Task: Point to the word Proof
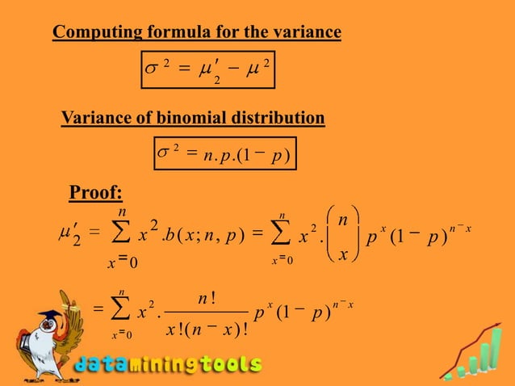(96, 192)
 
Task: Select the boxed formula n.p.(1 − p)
(224, 153)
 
